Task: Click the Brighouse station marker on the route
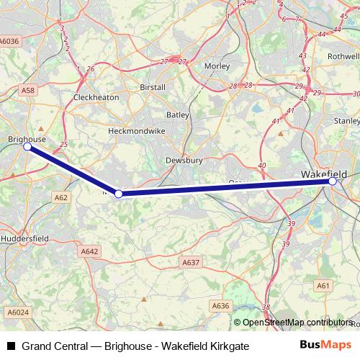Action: pyautogui.click(x=27, y=146)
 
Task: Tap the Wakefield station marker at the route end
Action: pyautogui.click(x=332, y=181)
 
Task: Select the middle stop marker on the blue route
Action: pyautogui.click(x=119, y=194)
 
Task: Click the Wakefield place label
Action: pyautogui.click(x=323, y=174)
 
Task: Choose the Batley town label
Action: pyautogui.click(x=178, y=114)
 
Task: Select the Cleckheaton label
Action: pyautogui.click(x=96, y=96)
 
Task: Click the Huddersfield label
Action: pyautogui.click(x=24, y=238)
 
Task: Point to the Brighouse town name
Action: pyautogui.click(x=27, y=138)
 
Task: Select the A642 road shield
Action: pyautogui.click(x=89, y=251)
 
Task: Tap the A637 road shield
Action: pyautogui.click(x=191, y=263)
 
